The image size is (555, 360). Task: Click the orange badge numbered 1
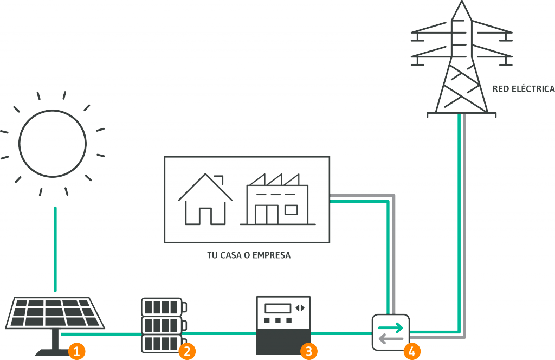click(76, 351)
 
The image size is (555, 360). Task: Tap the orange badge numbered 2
click(187, 351)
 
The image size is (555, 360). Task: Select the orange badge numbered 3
click(308, 351)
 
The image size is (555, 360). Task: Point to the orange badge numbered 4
click(412, 351)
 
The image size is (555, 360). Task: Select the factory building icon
click(277, 200)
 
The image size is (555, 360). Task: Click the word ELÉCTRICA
click(534, 89)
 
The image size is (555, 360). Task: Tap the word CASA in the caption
click(230, 255)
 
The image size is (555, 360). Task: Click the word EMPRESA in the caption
click(272, 255)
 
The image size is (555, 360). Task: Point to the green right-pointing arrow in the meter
click(390, 328)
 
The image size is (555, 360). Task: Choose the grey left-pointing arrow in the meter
click(390, 339)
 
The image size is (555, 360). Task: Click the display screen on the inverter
click(277, 308)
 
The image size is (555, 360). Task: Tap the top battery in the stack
click(164, 307)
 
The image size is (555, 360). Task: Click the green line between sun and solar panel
click(55, 249)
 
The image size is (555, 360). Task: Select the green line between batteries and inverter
click(220, 333)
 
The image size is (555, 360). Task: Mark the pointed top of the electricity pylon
click(462, 1)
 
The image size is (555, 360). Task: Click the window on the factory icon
click(291, 210)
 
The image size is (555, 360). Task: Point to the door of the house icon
click(205, 216)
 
